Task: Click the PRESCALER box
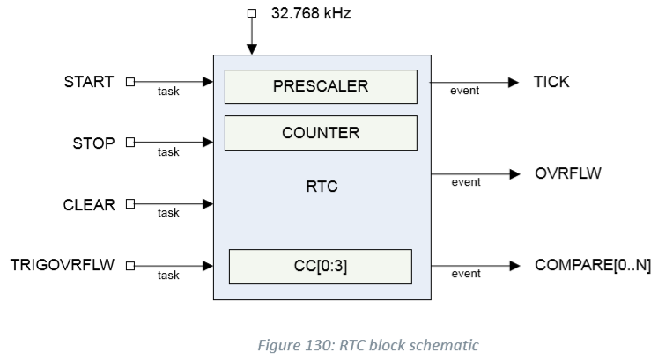(x=321, y=87)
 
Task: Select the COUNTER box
(x=321, y=132)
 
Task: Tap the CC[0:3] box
(x=321, y=266)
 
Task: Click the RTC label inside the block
(x=321, y=187)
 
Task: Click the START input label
(x=89, y=82)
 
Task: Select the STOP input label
(x=94, y=143)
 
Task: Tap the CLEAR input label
(x=89, y=204)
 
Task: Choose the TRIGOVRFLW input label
(x=63, y=265)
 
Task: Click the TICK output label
(x=551, y=82)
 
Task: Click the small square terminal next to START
(x=129, y=82)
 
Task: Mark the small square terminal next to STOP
(x=129, y=143)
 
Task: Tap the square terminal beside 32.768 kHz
(x=251, y=13)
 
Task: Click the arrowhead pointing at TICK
(x=514, y=82)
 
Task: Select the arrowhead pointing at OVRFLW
(x=514, y=173)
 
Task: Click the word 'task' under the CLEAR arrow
(x=167, y=213)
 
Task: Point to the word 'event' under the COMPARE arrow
(x=466, y=274)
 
